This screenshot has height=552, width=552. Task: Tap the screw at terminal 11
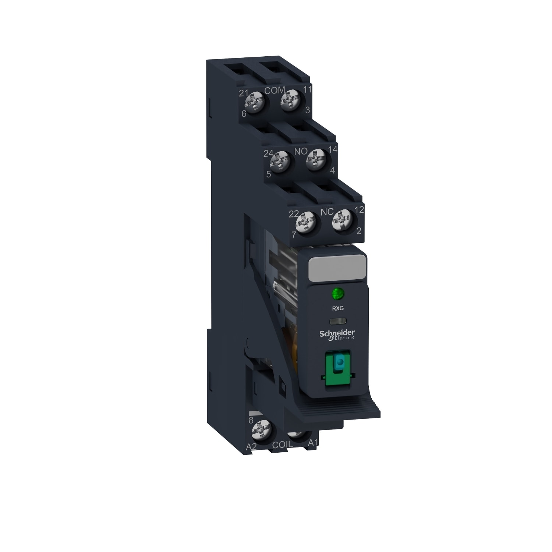[x=290, y=100]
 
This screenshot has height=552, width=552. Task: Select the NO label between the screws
[x=300, y=151]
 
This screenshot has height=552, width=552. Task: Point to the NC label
[x=327, y=212]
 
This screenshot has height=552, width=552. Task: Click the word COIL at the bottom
[x=282, y=445]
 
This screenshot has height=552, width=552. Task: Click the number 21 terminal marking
[x=244, y=93]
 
